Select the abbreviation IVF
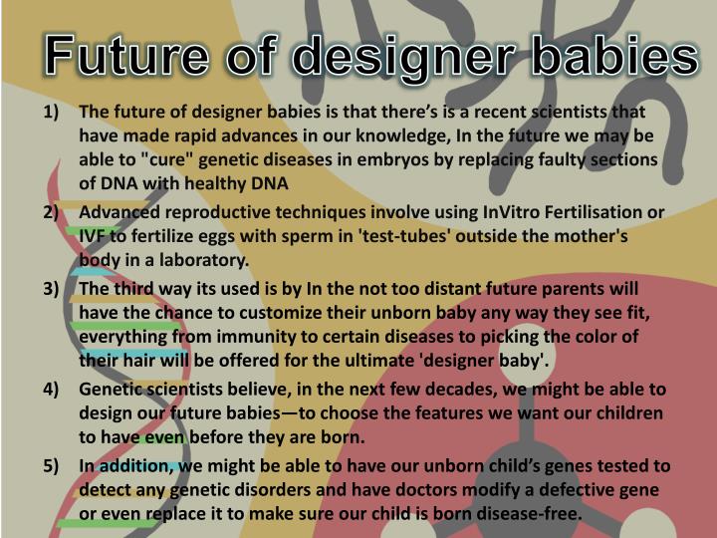[x=96, y=237]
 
